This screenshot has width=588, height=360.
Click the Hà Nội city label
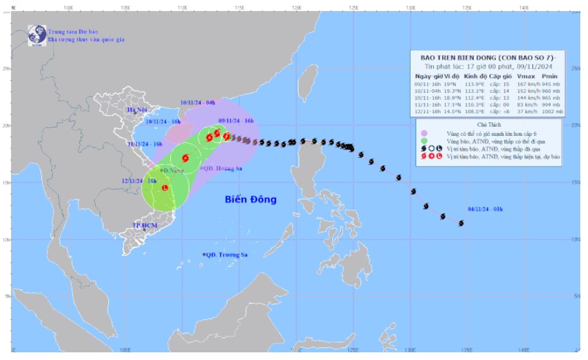coord(136,110)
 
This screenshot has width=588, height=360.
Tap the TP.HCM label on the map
coord(145,226)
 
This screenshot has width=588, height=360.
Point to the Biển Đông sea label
coord(250,200)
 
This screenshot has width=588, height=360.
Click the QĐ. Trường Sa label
coord(225,254)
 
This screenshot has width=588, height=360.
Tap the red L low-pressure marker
coord(165,188)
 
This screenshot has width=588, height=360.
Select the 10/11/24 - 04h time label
coord(199,101)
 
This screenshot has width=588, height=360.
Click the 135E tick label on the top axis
coord(467,8)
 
